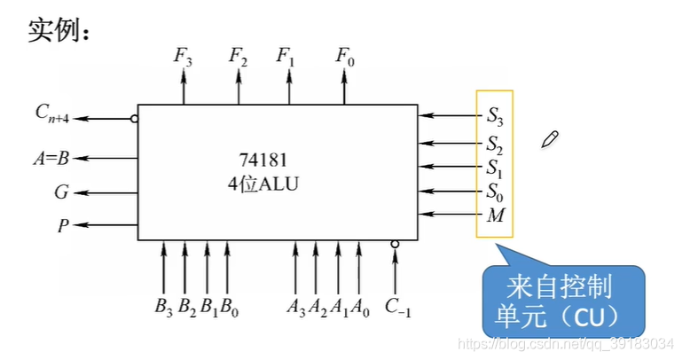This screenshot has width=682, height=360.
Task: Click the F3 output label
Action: (184, 57)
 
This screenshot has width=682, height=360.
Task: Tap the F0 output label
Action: (345, 57)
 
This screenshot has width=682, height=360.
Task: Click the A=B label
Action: (51, 160)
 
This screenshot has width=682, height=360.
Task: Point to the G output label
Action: (61, 191)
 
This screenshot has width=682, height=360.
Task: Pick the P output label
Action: (63, 225)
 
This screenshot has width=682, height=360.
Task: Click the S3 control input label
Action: (495, 114)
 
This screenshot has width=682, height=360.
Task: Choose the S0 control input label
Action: (495, 190)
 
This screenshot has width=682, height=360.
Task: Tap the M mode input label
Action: (495, 215)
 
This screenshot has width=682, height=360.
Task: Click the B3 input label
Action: (163, 308)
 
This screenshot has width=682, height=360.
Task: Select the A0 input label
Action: (360, 308)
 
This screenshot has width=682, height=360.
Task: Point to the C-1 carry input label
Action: (397, 308)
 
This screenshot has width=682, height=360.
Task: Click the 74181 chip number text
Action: (263, 160)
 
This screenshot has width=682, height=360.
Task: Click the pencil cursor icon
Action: (550, 138)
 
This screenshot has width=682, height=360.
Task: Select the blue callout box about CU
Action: (560, 301)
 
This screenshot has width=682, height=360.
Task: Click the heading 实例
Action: (59, 32)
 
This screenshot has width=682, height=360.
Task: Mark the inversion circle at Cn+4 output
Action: (134, 117)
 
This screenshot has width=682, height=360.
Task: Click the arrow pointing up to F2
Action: (238, 87)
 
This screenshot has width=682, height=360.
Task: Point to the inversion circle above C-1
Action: (395, 244)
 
